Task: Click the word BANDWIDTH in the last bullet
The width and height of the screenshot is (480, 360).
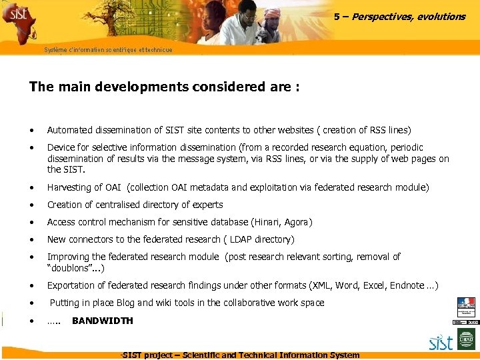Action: point(102,321)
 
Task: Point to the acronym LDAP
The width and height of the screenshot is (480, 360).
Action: point(243,239)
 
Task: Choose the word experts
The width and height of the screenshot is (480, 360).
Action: point(207,205)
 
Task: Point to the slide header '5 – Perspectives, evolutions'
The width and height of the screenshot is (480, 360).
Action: point(399,17)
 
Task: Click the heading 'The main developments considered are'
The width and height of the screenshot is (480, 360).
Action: point(163,87)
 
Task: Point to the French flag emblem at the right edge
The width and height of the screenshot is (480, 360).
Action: point(466,306)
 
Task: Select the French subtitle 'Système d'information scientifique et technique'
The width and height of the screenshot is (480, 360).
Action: point(108,50)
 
